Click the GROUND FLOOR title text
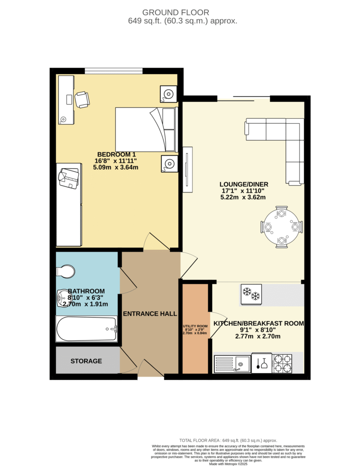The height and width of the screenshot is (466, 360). pyautogui.click(x=176, y=12)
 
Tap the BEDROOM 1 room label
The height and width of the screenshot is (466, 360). pyautogui.click(x=117, y=155)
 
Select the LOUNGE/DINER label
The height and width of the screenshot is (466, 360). pyautogui.click(x=244, y=185)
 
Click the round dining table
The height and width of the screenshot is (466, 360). pyautogui.click(x=282, y=227)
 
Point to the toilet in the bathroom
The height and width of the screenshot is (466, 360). pyautogui.click(x=66, y=271)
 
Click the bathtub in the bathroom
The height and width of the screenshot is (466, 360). pyautogui.click(x=86, y=329)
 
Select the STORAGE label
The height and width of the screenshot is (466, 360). pyautogui.click(x=86, y=361)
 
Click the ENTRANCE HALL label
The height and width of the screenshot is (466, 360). pyautogui.click(x=150, y=314)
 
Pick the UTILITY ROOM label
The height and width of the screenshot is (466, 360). pyautogui.click(x=195, y=326)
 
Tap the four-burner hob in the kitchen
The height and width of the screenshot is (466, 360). pyautogui.click(x=283, y=363)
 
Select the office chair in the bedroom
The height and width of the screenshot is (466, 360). pyautogui.click(x=82, y=100)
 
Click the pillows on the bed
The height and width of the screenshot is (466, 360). pyautogui.click(x=169, y=130)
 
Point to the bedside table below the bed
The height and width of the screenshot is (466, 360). pyautogui.click(x=169, y=163)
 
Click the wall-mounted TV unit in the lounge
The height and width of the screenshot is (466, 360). pyautogui.click(x=188, y=169)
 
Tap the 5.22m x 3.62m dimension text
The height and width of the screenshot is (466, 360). pyautogui.click(x=243, y=198)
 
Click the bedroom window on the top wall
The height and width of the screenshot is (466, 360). pyautogui.click(x=114, y=71)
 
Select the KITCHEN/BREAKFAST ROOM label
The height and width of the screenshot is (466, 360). pyautogui.click(x=259, y=324)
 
